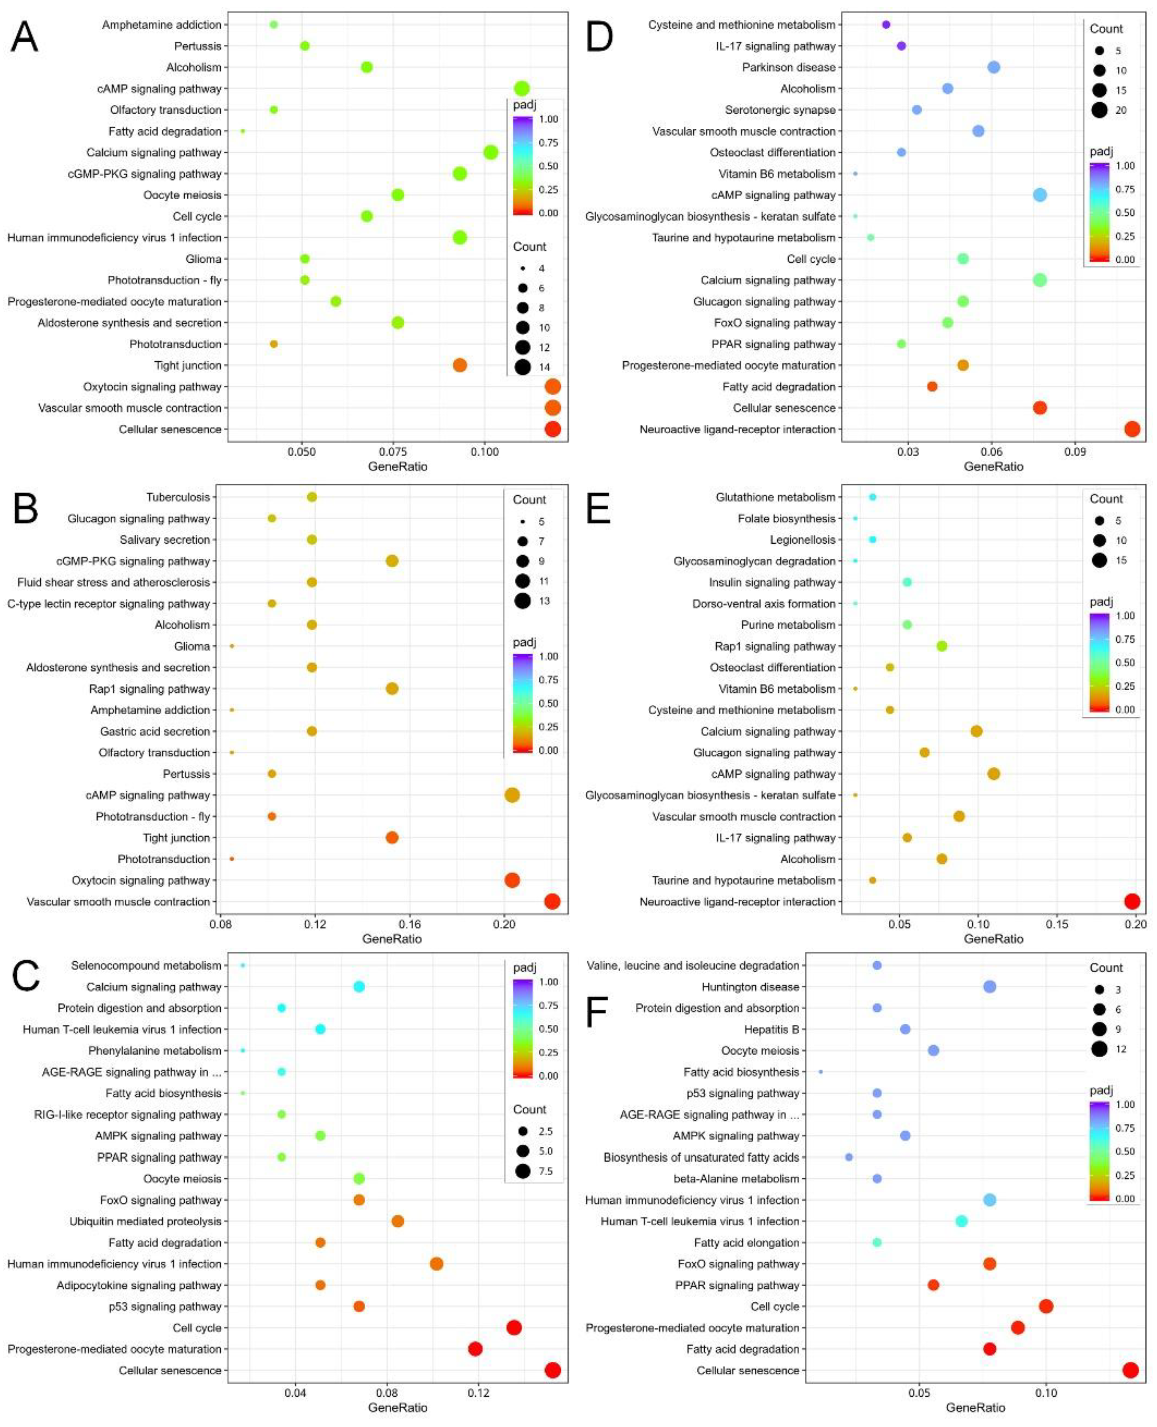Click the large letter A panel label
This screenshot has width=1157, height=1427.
pyautogui.click(x=25, y=37)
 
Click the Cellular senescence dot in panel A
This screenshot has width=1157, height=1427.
pyautogui.click(x=552, y=429)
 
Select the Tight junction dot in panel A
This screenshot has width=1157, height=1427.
pyautogui.click(x=459, y=365)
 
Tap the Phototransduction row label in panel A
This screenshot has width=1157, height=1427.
pyautogui.click(x=175, y=344)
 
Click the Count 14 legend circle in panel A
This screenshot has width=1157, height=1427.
pyautogui.click(x=522, y=367)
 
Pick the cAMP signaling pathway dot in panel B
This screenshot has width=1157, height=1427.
pyautogui.click(x=512, y=795)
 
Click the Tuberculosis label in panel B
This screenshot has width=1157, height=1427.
pyautogui.click(x=178, y=497)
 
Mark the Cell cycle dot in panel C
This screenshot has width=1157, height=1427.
pyautogui.click(x=514, y=1328)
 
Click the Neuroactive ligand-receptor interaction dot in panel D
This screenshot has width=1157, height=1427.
pyautogui.click(x=1132, y=429)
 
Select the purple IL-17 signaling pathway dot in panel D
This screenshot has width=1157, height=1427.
pyautogui.click(x=901, y=46)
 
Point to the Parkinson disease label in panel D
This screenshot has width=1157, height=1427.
pyautogui.click(x=789, y=67)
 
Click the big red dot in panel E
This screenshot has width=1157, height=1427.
pyautogui.click(x=1132, y=902)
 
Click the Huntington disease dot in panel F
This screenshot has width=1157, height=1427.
pyautogui.click(x=990, y=987)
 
